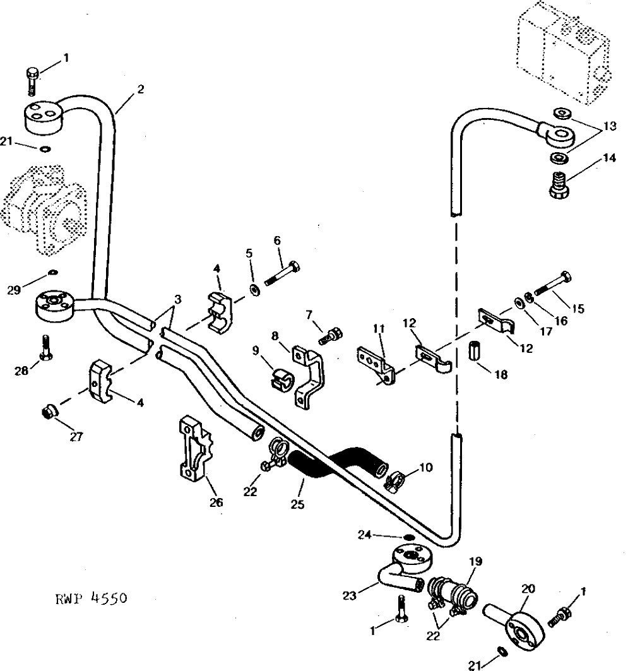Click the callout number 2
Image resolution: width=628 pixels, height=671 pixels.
point(141,90)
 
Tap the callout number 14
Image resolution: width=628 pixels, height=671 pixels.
point(609,158)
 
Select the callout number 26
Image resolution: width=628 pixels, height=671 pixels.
point(216,502)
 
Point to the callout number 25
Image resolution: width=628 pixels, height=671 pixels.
point(297,504)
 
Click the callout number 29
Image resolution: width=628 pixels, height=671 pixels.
point(14,290)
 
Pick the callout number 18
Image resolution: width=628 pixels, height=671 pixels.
point(501,374)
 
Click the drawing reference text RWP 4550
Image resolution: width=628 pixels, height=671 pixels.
point(91,598)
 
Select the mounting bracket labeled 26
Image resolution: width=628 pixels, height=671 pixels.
point(195,449)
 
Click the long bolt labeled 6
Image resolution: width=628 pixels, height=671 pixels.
point(282,274)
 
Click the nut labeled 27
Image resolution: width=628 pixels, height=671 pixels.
point(50,412)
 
